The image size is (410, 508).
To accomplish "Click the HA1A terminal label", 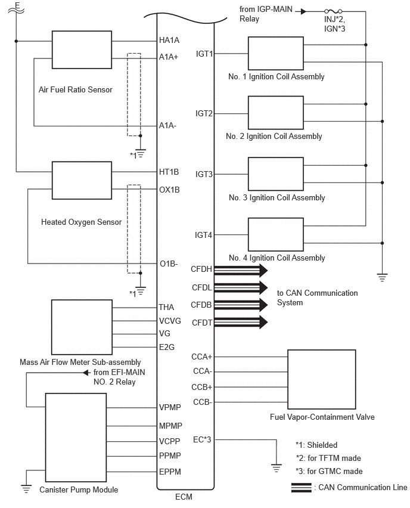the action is [x=169, y=40].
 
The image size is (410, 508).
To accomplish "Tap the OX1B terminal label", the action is [x=169, y=190].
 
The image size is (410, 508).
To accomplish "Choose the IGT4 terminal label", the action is [x=203, y=235].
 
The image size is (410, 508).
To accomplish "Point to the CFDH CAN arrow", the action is [x=241, y=270].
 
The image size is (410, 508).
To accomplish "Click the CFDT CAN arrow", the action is [x=241, y=322].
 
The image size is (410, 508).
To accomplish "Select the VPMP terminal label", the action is [x=170, y=407].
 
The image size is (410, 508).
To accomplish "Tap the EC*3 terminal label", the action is [x=202, y=439].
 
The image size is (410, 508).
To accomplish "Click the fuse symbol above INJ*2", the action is [x=333, y=11].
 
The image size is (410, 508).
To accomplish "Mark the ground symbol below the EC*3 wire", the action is [x=277, y=468].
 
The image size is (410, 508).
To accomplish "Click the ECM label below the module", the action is [x=184, y=497].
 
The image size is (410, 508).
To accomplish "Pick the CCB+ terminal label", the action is [x=202, y=387].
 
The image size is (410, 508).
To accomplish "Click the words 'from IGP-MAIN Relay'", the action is [x=266, y=14].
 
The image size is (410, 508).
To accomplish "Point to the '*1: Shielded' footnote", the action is [x=316, y=445].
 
